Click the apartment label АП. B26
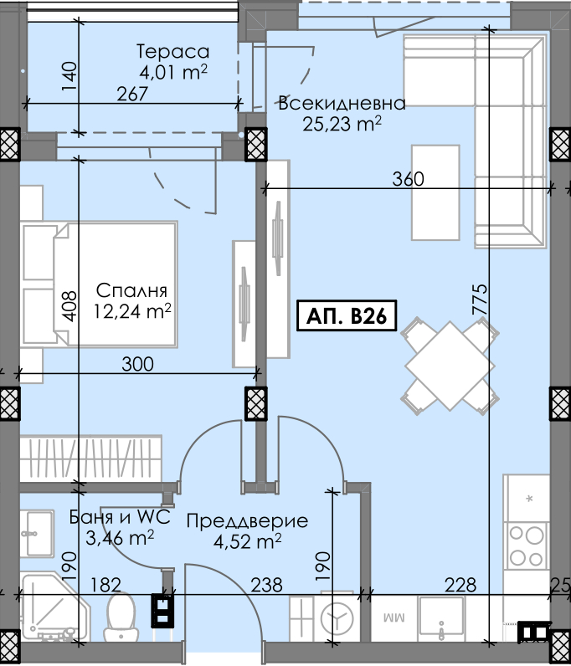(x=347, y=315)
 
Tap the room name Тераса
(x=172, y=52)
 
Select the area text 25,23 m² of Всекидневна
(x=342, y=124)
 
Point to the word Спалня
(x=131, y=291)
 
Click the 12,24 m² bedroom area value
(x=132, y=311)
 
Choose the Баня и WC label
(x=120, y=517)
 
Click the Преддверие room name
(x=247, y=520)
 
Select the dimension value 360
(x=409, y=179)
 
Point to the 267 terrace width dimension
(x=132, y=94)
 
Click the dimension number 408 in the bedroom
(x=69, y=306)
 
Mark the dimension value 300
(x=138, y=365)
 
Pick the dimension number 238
(x=266, y=585)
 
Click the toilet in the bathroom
(x=121, y=617)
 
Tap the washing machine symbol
(x=337, y=618)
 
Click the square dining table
(x=450, y=366)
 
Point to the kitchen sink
(x=441, y=618)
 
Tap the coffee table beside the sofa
(x=435, y=192)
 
